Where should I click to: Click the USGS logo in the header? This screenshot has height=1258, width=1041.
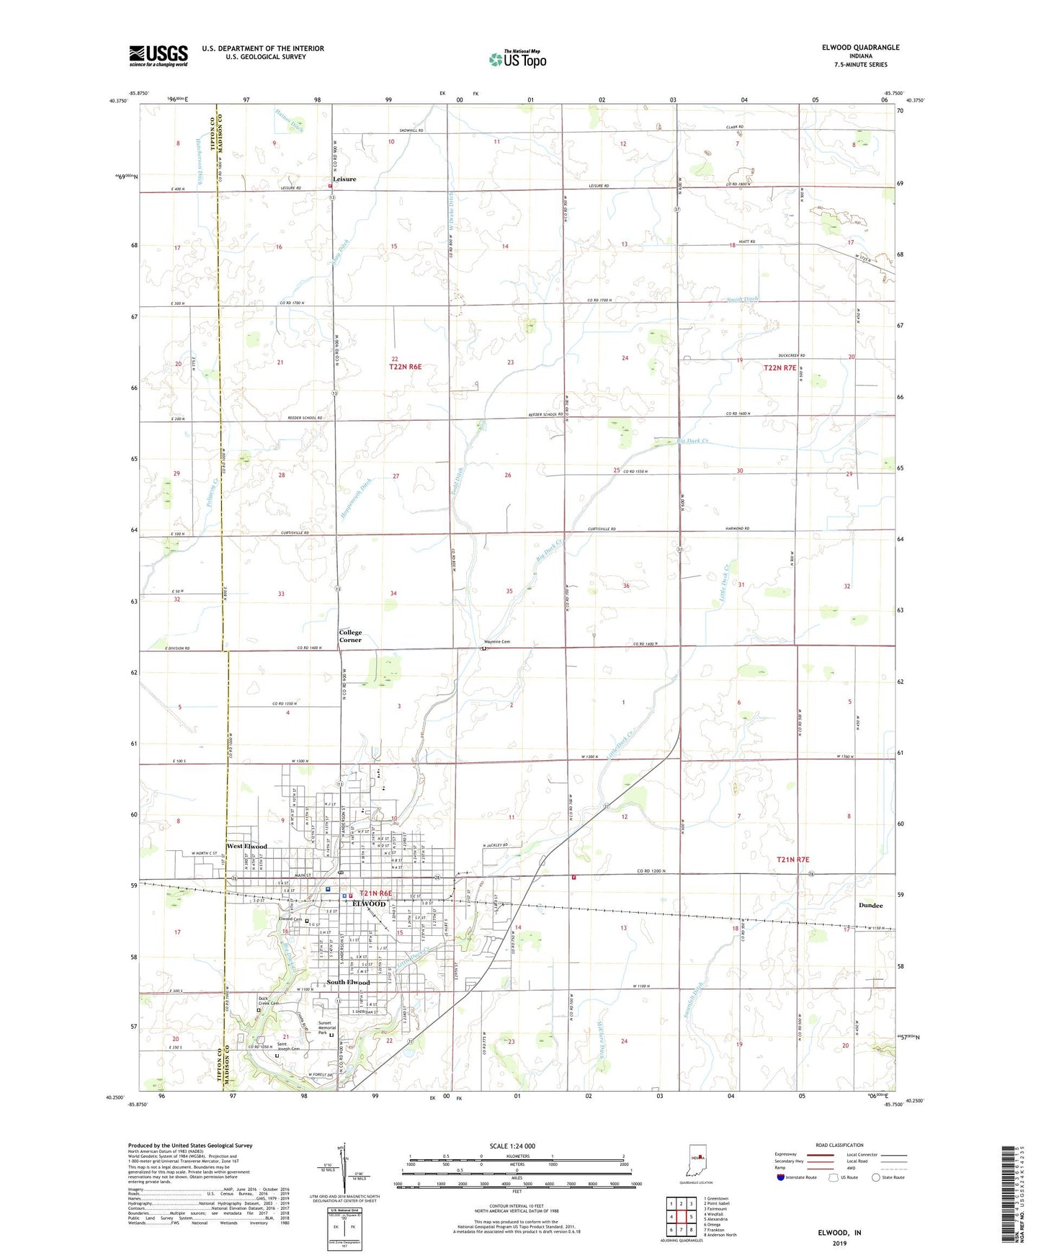tap(158, 55)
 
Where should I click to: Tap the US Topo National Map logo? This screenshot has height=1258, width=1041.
tap(517, 58)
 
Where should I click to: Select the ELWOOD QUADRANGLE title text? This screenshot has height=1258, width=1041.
tap(860, 48)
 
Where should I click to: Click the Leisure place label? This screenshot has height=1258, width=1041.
tap(344, 179)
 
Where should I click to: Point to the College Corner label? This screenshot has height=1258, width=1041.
tap(351, 636)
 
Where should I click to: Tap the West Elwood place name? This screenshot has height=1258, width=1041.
tap(247, 847)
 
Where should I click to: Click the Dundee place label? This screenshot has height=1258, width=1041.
tap(871, 906)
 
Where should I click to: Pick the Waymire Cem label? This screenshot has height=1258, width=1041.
tap(497, 642)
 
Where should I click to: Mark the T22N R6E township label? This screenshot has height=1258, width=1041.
tap(405, 367)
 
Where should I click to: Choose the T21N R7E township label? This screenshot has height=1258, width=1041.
tap(793, 860)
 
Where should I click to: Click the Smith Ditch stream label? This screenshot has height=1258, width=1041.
tap(742, 299)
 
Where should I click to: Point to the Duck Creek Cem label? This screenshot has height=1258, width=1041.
tap(269, 1002)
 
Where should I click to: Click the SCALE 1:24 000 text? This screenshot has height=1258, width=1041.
tap(512, 1146)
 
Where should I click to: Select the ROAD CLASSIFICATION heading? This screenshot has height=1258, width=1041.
tap(839, 1145)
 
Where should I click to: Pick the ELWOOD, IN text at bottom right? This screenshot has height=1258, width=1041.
tap(839, 1233)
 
